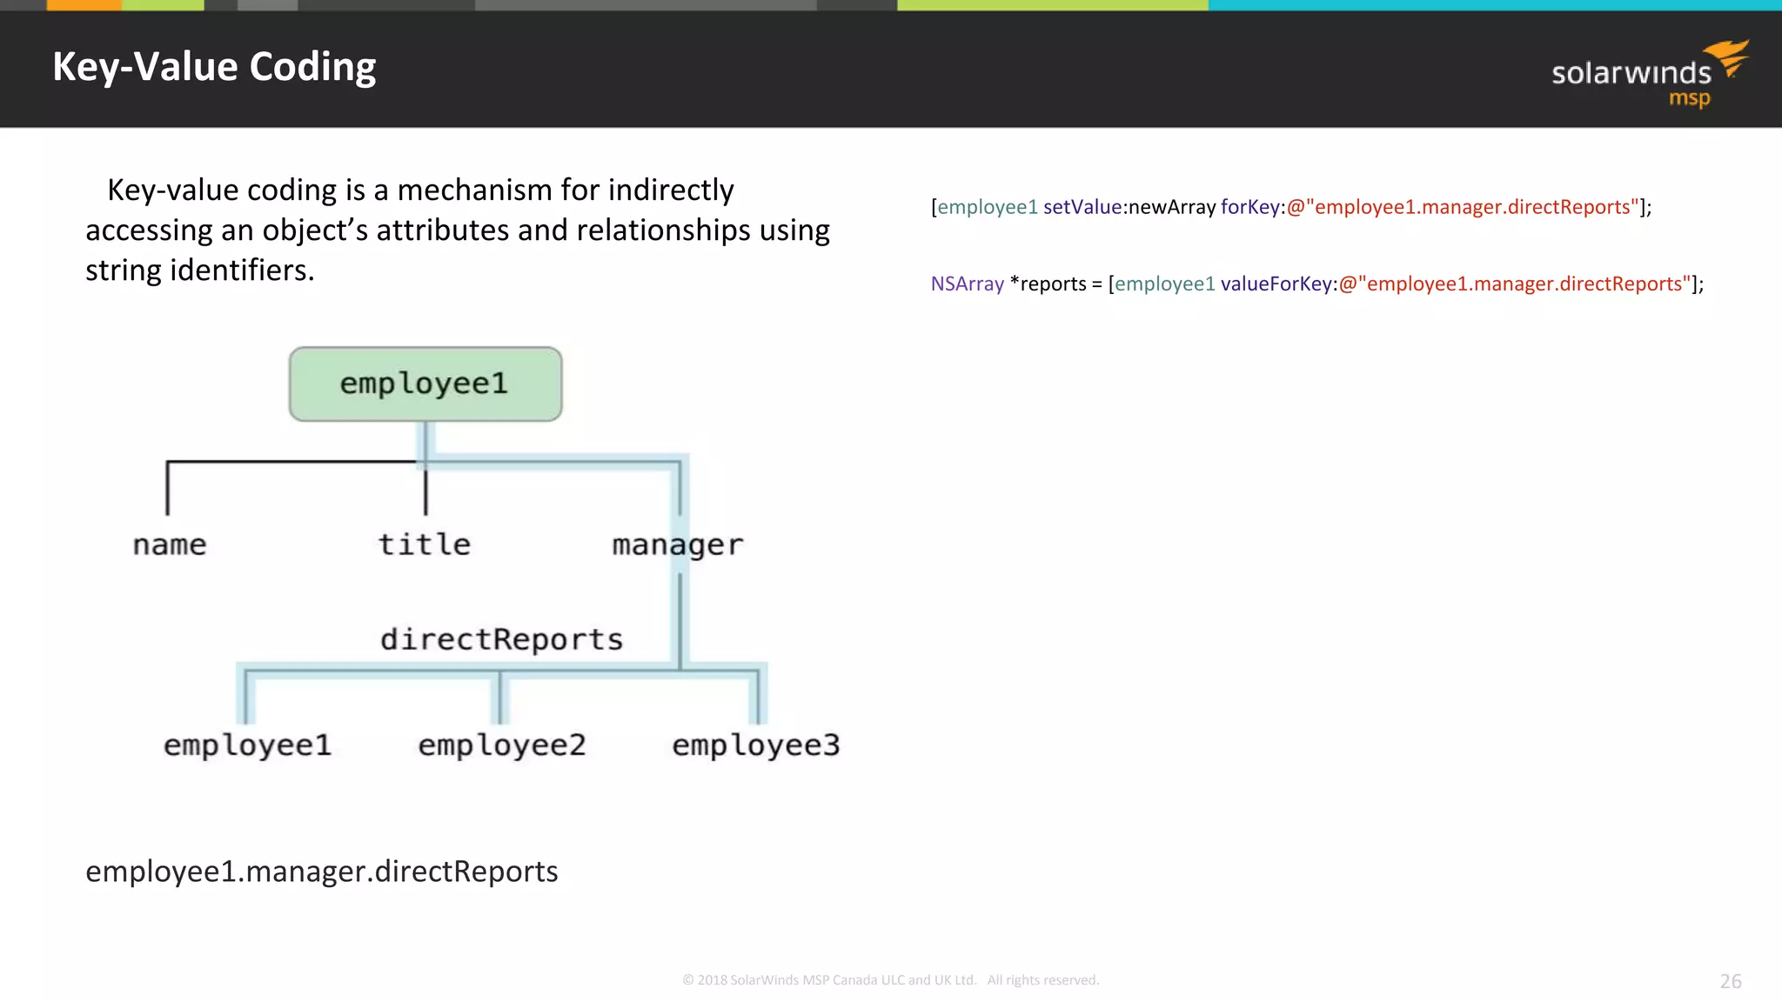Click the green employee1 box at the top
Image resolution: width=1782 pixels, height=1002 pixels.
(x=425, y=384)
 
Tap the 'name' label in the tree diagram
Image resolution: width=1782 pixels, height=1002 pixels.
(x=170, y=545)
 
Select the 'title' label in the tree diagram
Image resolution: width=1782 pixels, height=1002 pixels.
(x=425, y=544)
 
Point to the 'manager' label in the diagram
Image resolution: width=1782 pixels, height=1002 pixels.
(x=677, y=545)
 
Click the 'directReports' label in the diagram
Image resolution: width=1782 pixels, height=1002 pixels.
(x=501, y=639)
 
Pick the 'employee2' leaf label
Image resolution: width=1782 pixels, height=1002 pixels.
(x=501, y=745)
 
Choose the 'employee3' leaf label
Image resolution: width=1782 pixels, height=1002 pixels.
(x=755, y=745)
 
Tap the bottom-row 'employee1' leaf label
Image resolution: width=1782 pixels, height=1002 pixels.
(x=247, y=745)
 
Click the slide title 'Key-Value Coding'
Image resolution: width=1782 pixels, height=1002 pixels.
(x=214, y=67)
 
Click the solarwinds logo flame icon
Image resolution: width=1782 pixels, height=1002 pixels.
(x=1729, y=57)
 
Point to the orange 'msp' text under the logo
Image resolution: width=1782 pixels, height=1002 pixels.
(x=1689, y=98)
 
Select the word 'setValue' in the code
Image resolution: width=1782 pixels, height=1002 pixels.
(x=1082, y=207)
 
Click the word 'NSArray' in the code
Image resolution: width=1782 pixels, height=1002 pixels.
(x=967, y=284)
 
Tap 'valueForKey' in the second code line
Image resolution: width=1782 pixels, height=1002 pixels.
(x=1276, y=284)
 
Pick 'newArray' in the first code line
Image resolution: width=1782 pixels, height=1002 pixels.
(x=1171, y=207)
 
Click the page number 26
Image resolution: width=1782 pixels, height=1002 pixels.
(x=1730, y=981)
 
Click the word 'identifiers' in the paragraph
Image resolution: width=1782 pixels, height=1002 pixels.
(x=241, y=271)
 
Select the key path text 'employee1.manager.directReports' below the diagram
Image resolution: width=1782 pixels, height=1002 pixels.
(x=321, y=872)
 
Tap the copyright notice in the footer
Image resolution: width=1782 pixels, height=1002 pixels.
(x=890, y=980)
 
